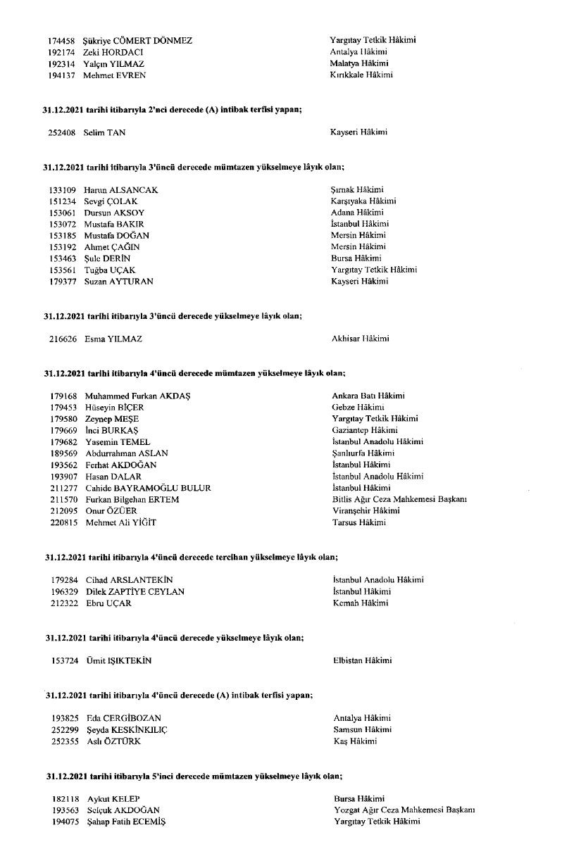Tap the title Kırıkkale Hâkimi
click(361, 75)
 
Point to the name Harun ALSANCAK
click(120, 190)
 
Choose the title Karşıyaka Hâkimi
click(363, 201)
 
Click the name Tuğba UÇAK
click(109, 270)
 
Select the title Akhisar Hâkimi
click(361, 339)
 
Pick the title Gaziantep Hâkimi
click(365, 430)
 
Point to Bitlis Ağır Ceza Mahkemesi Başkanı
click(399, 499)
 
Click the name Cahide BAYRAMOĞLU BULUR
click(148, 488)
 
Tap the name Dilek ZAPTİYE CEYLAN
click(135, 591)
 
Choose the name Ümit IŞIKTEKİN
click(118, 660)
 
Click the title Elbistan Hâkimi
click(362, 660)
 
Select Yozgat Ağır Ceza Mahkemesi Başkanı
click(404, 810)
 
